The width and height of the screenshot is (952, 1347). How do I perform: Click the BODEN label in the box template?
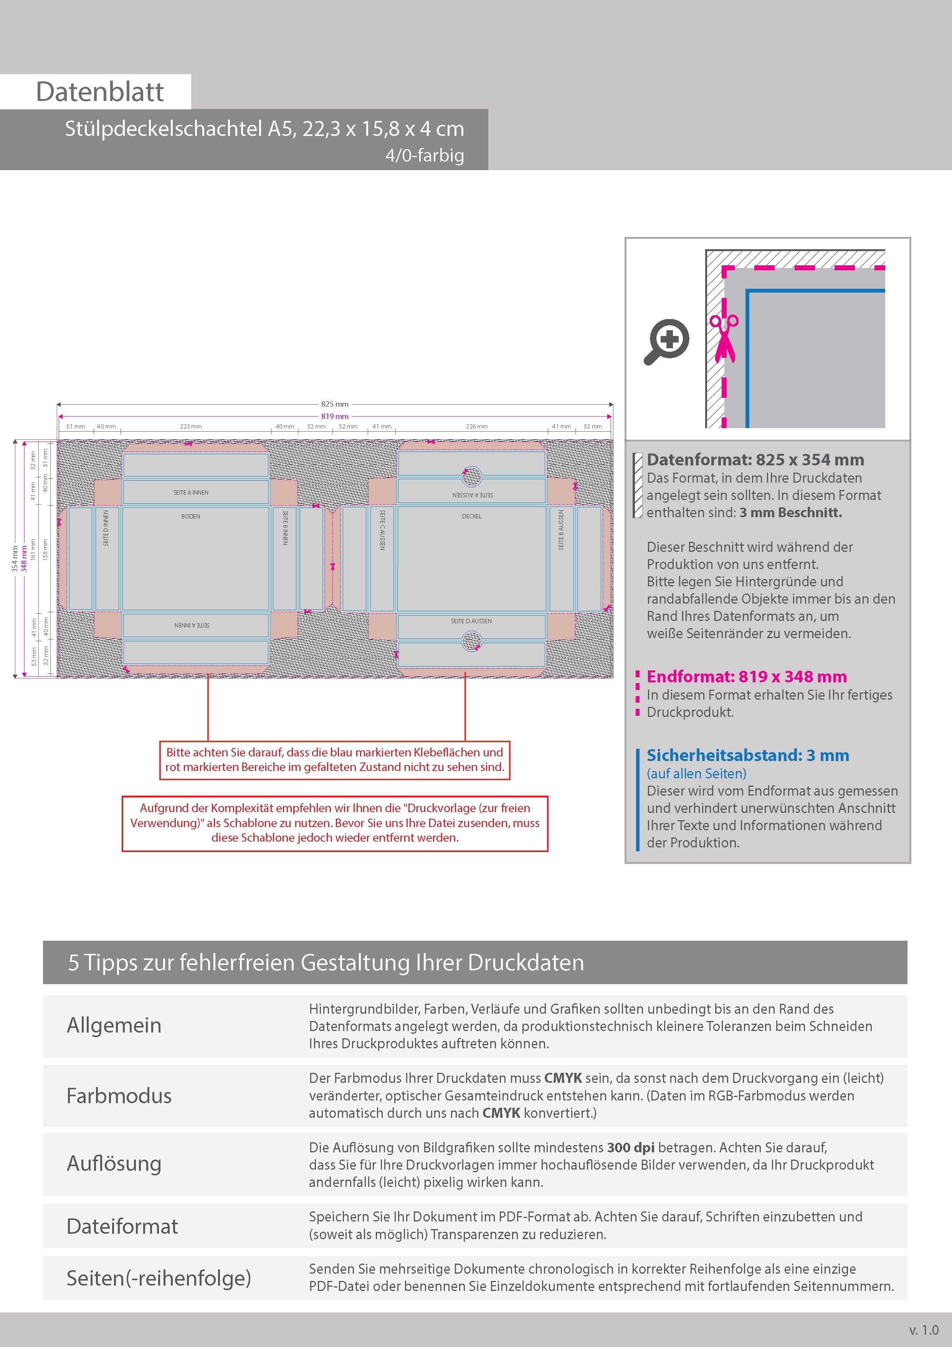191,516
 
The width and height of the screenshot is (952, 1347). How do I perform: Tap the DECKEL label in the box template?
472,516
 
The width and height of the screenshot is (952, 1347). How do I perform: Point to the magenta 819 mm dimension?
334,416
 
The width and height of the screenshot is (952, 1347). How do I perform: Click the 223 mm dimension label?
191,427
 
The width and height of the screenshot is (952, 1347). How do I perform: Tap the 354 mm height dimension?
15,559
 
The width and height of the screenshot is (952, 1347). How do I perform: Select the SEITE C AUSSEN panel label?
382,530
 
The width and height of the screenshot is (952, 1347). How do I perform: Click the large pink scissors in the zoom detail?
724,339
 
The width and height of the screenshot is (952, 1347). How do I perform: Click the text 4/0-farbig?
425,156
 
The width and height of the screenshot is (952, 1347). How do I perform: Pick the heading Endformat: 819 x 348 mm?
746,677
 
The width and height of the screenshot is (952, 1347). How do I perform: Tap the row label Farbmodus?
119,1096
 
